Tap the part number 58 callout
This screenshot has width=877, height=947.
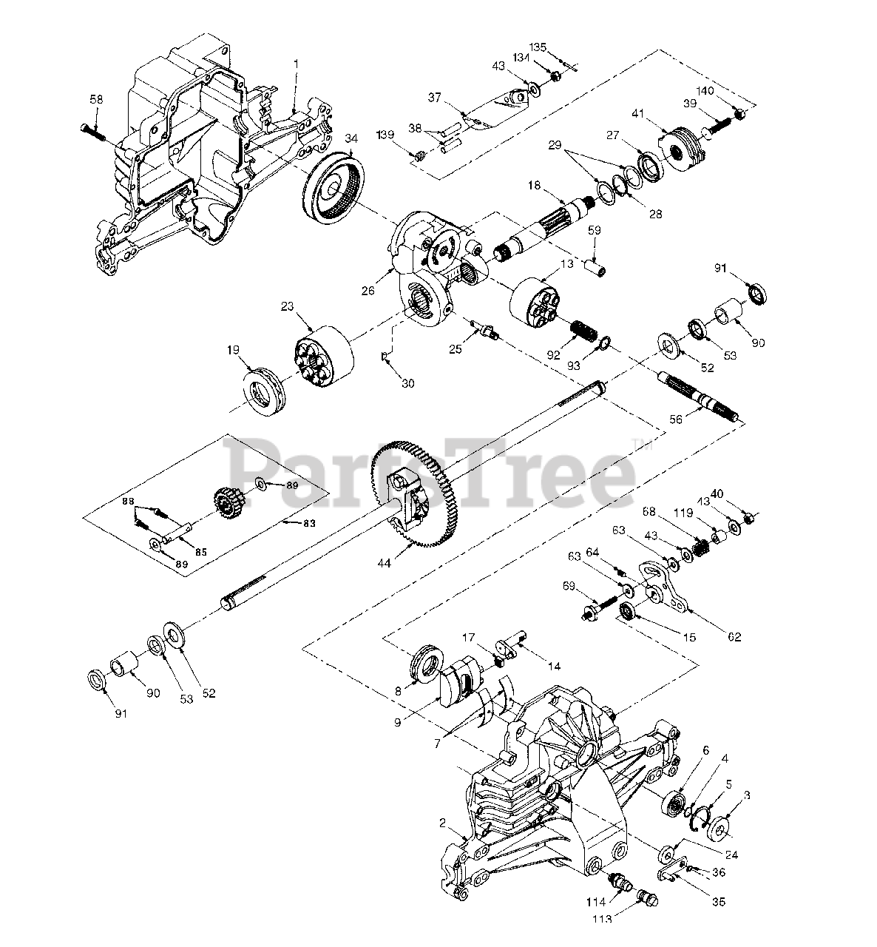[x=97, y=99]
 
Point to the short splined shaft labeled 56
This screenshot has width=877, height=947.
[x=700, y=397]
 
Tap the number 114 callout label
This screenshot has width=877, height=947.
[x=596, y=902]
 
